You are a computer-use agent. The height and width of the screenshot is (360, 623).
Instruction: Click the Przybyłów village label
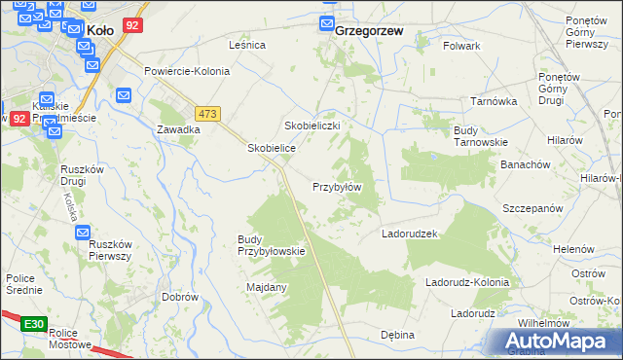coord(337,187)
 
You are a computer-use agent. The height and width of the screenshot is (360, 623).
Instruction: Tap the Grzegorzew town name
coord(369,30)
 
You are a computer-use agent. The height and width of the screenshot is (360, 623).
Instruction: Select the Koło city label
coord(101,30)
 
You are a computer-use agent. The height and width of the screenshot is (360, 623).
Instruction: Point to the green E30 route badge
coord(34,323)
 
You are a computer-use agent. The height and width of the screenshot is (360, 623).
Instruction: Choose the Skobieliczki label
coord(311,126)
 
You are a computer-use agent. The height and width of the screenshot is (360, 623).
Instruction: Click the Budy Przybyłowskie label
coord(272,245)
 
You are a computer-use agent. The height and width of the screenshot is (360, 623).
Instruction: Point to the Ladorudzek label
coord(412,234)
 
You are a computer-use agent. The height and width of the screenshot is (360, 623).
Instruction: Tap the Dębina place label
coord(397,335)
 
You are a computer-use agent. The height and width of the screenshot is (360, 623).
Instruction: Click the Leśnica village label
coord(247,45)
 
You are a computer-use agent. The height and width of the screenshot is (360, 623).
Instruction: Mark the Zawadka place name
coord(179,129)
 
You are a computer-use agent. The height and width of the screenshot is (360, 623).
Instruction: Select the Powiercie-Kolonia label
coord(187,72)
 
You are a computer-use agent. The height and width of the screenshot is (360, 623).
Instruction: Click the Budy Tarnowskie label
coord(481,136)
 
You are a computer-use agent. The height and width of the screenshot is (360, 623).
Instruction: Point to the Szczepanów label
coord(533,208)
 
